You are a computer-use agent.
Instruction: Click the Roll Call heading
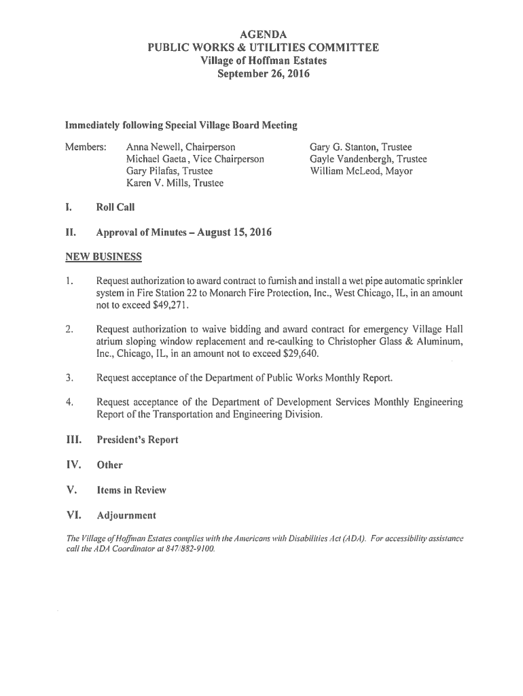tap(115, 208)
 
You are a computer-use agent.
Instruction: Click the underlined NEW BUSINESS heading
tap(103, 257)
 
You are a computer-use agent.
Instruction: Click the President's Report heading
tap(137, 440)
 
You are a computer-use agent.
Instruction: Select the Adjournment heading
tap(126, 515)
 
